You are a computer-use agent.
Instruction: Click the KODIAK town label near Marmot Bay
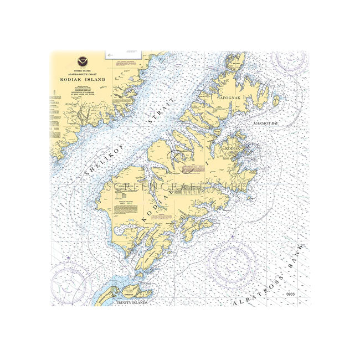click(232, 149)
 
